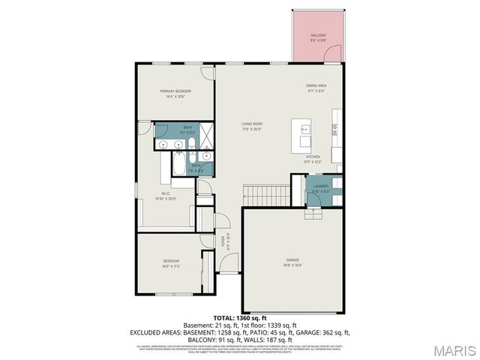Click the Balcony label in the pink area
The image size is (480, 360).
pyautogui.click(x=318, y=35)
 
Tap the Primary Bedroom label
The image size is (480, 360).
pyautogui.click(x=172, y=91)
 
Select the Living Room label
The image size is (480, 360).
pyautogui.click(x=251, y=124)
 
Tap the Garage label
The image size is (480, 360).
pyautogui.click(x=292, y=259)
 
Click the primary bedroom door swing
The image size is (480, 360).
pyautogui.click(x=207, y=73)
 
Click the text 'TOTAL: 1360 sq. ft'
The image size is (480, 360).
pyautogui.click(x=240, y=317)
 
